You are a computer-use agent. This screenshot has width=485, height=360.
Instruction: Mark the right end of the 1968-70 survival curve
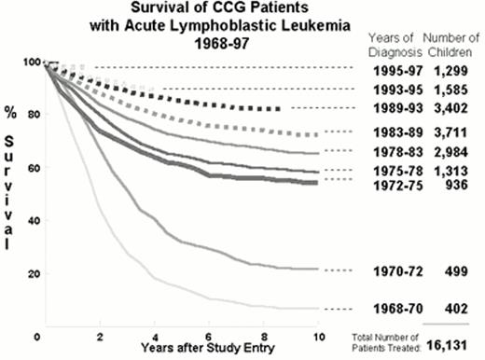318,309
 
